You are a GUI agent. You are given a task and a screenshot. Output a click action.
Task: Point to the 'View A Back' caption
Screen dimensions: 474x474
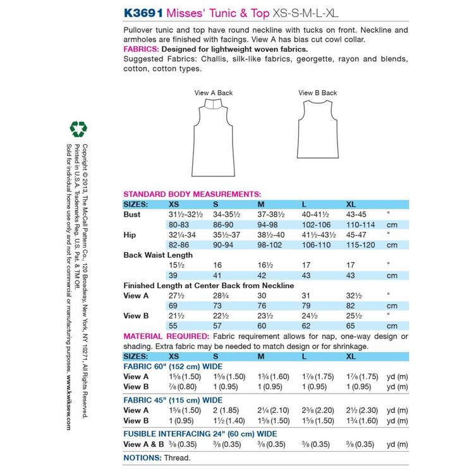(x=213, y=93)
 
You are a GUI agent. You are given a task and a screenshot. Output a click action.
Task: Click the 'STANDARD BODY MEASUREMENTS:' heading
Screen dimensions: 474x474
(x=191, y=194)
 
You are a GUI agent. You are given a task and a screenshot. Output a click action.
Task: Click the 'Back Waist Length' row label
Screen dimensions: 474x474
(x=158, y=255)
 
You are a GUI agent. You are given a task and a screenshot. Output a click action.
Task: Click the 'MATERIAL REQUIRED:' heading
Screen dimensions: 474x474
(x=166, y=336)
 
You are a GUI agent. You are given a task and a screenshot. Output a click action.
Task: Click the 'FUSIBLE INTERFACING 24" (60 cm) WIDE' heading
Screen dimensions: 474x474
(x=200, y=434)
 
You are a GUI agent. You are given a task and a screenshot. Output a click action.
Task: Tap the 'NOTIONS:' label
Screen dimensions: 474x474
(x=142, y=457)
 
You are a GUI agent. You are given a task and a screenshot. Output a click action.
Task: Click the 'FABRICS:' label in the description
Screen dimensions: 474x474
(x=141, y=49)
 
